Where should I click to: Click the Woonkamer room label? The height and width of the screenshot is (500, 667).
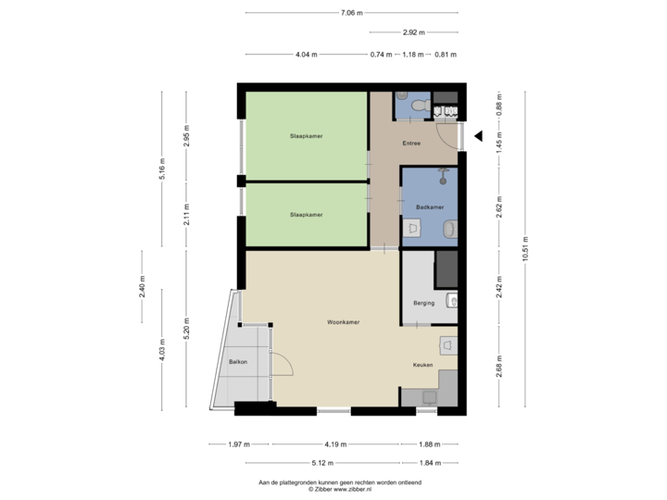click(343, 322)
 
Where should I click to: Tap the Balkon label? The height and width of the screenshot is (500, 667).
click(237, 361)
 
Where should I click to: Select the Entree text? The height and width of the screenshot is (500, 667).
click(411, 144)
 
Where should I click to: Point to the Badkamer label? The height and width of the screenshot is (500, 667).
click(429, 206)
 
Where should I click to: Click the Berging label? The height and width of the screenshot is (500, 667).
click(423, 303)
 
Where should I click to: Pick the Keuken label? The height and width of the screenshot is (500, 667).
click(423, 365)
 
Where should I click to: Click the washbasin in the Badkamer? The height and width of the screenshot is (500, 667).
click(450, 228)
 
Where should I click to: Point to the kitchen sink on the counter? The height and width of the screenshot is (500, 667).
click(428, 395)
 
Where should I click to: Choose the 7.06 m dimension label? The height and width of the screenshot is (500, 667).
click(351, 13)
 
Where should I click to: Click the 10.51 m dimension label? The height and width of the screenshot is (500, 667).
click(525, 248)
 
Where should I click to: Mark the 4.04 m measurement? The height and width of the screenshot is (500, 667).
click(306, 55)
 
